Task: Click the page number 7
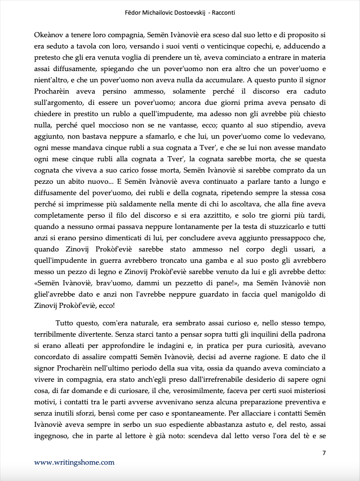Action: [324, 453]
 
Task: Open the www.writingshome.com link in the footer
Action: [74, 462]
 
